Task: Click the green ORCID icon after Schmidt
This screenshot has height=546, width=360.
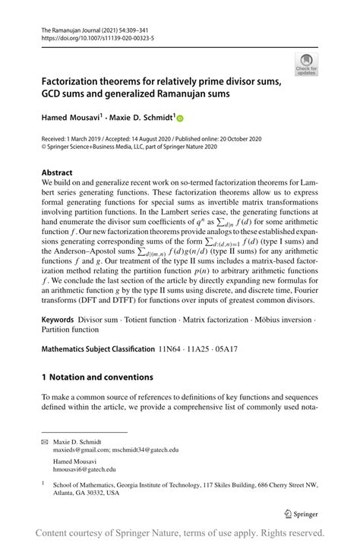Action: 182,119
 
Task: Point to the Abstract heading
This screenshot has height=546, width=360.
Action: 57,172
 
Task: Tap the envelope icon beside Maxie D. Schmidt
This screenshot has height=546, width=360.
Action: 46,441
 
